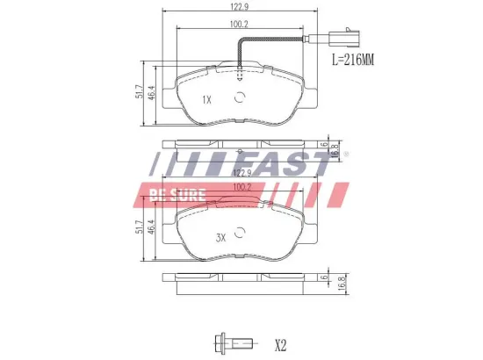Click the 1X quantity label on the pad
(207, 100)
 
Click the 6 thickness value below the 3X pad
(323, 277)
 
